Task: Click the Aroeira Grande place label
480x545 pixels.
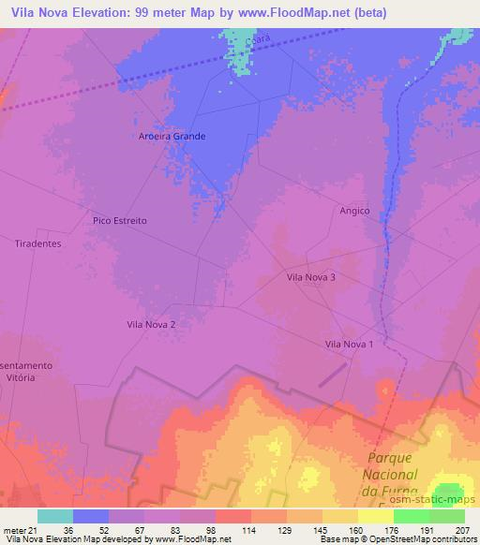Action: [166, 136]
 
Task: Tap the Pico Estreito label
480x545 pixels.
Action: [120, 221]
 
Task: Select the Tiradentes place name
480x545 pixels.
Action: [38, 243]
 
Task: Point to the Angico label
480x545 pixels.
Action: [354, 212]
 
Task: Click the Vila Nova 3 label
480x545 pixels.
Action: [310, 277]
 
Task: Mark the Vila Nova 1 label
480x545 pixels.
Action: [349, 345]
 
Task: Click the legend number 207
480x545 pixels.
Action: [461, 529]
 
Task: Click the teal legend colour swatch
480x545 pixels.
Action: [55, 516]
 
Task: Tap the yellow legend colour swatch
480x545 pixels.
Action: [376, 516]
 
